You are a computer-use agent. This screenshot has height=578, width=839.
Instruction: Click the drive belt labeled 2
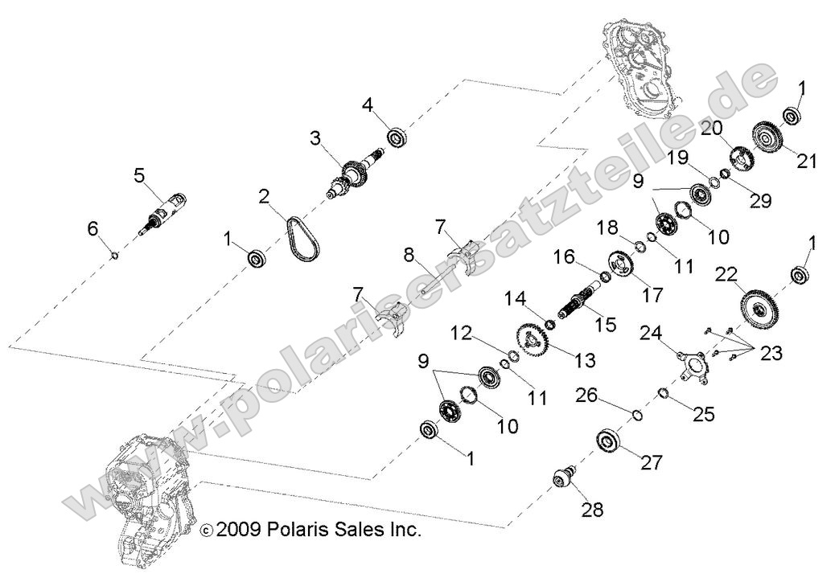pyautogui.click(x=302, y=234)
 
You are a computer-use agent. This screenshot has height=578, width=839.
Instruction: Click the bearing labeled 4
pyautogui.click(x=397, y=136)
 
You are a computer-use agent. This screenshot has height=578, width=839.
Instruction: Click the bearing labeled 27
pyautogui.click(x=611, y=443)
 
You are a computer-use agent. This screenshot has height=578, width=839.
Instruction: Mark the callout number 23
pyautogui.click(x=771, y=352)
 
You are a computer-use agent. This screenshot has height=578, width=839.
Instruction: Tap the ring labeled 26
pyautogui.click(x=635, y=415)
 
